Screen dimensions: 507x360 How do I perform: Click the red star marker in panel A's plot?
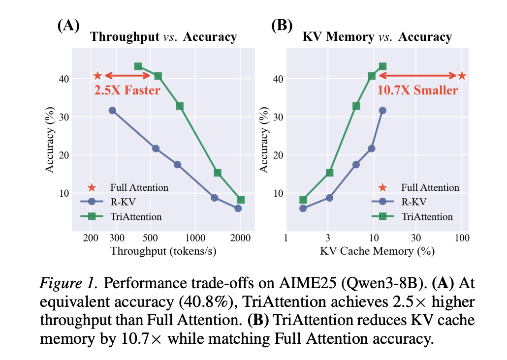click(97, 76)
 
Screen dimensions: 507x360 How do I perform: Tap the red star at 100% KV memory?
click(462, 76)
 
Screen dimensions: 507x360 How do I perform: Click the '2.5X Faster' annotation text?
click(127, 90)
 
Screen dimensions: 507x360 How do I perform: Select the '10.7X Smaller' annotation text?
click(418, 90)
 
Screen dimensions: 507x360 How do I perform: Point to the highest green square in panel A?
click(138, 66)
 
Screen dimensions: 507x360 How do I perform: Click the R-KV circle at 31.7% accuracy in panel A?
click(112, 111)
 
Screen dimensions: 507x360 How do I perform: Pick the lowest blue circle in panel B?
click(303, 209)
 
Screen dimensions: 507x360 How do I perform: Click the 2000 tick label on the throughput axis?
click(240, 238)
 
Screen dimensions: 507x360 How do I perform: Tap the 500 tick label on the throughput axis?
click(150, 238)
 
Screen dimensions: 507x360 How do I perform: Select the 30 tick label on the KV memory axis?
click(416, 238)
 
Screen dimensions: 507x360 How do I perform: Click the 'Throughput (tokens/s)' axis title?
click(163, 251)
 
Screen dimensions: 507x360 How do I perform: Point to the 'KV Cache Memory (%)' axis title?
click(378, 251)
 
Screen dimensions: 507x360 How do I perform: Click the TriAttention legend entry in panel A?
click(121, 216)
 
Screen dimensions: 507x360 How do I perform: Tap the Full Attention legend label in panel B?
click(430, 187)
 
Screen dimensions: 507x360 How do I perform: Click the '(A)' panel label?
click(68, 25)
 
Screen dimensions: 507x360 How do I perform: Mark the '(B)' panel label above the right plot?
click(282, 25)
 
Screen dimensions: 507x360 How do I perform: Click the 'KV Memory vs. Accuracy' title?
click(377, 36)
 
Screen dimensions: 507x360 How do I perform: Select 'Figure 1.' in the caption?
click(68, 283)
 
